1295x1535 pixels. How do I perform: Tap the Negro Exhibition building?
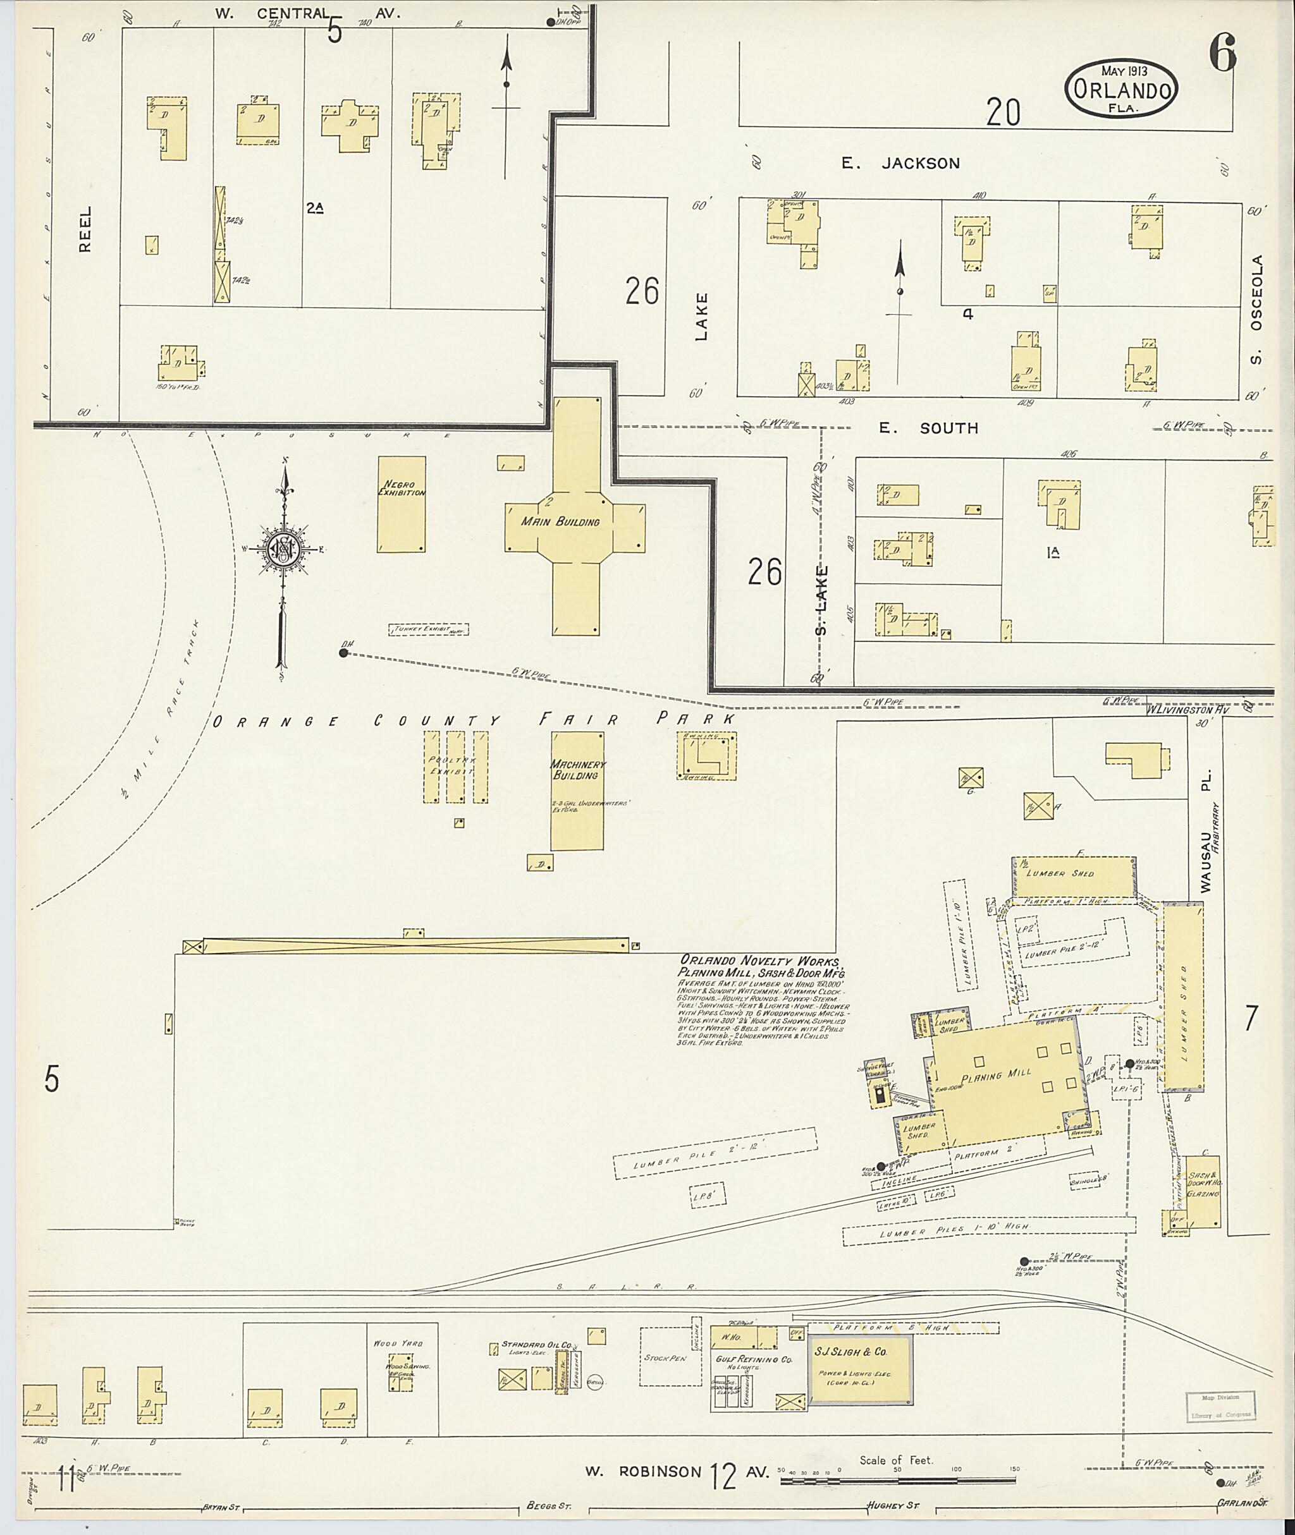click(401, 504)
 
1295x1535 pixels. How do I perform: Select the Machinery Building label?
click(578, 769)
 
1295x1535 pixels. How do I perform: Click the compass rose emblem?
click(283, 549)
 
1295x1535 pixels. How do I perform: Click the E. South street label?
click(929, 428)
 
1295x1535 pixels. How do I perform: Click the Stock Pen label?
click(665, 1358)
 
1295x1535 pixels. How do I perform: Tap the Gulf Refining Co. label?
click(753, 1359)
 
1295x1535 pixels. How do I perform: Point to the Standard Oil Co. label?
click(536, 1345)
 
